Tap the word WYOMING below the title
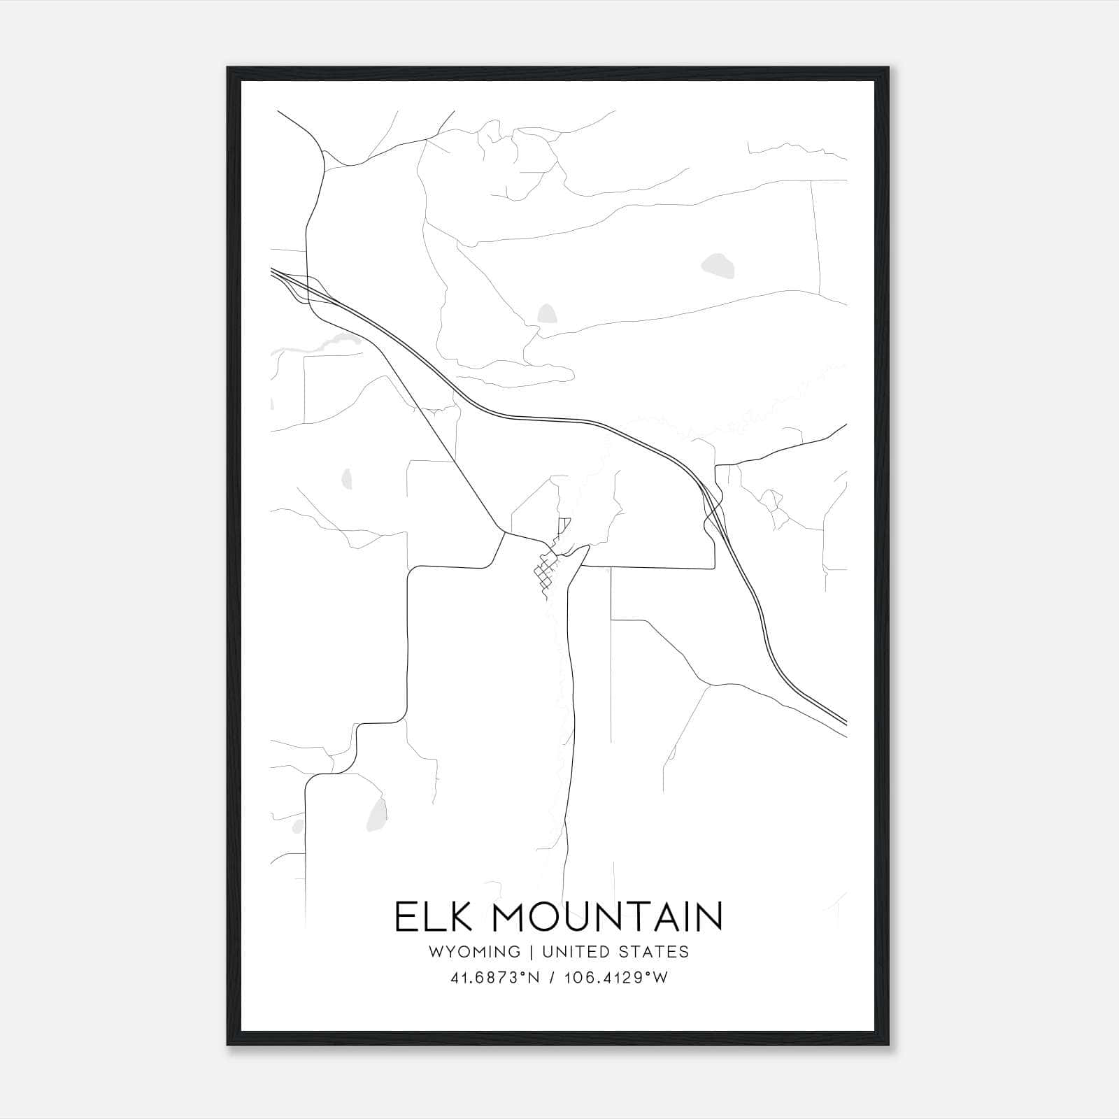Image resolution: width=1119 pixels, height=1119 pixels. click(x=476, y=951)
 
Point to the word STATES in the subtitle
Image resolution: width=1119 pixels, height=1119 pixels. click(x=654, y=951)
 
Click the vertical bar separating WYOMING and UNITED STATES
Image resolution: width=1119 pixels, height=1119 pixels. click(x=531, y=951)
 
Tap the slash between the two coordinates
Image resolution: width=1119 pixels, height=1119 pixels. click(x=553, y=978)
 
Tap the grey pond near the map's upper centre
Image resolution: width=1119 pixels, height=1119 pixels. click(x=546, y=314)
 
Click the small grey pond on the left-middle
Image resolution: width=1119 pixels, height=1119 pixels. click(x=346, y=479)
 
